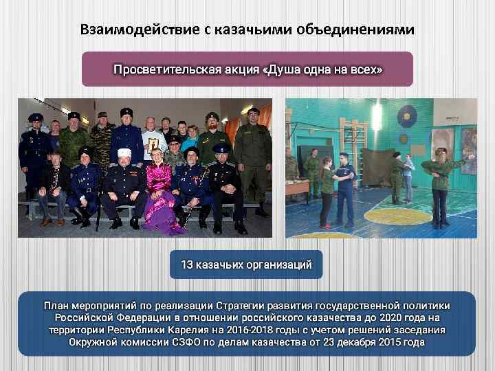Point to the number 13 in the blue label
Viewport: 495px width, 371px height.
click(186, 264)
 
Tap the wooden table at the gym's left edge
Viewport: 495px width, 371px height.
click(295, 185)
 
